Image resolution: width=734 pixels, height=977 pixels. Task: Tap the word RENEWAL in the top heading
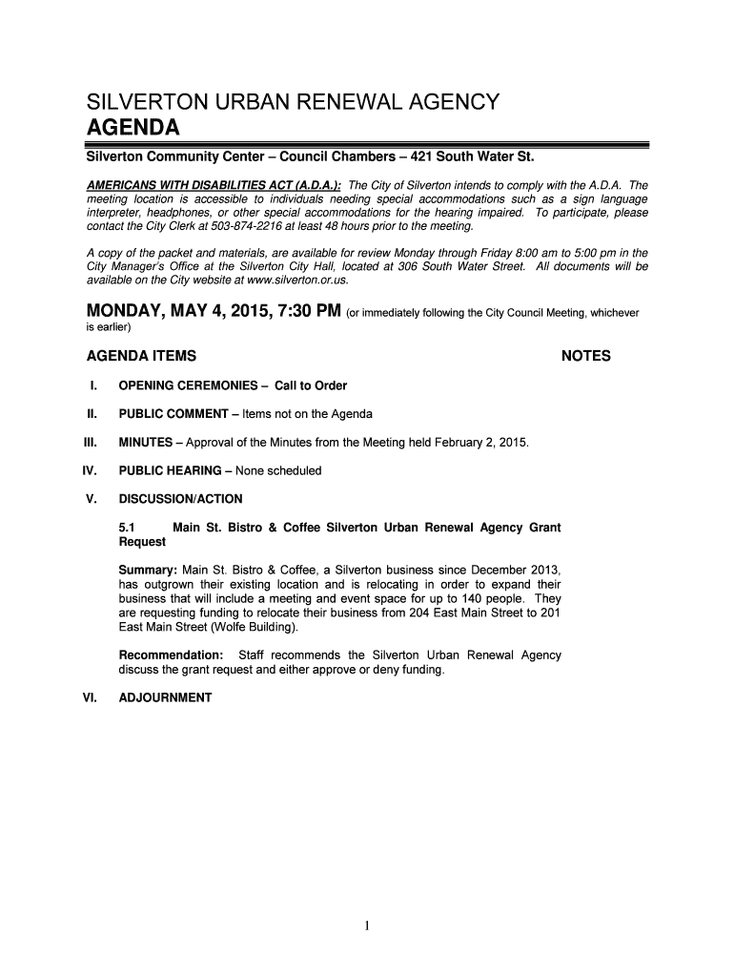click(322, 102)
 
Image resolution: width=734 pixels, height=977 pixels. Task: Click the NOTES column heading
click(586, 357)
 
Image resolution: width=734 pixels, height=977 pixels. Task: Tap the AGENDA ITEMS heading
click(142, 357)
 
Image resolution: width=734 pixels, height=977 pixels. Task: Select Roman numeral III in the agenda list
click(92, 443)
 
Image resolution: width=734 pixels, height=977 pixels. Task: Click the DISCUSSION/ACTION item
click(180, 499)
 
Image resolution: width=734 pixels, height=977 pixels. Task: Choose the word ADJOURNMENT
click(165, 697)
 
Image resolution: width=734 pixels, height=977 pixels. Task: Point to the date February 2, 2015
click(478, 443)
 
